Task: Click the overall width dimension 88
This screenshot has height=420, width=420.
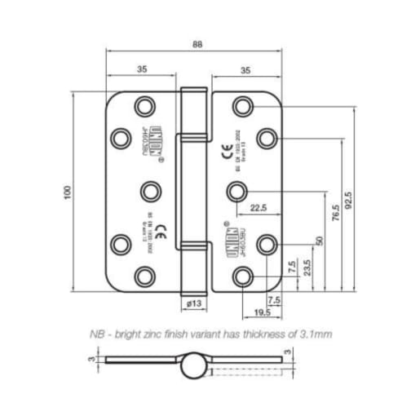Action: pyautogui.click(x=197, y=45)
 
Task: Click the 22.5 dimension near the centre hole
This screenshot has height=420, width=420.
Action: pyautogui.click(x=259, y=207)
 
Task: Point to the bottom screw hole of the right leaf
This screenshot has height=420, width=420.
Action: pyautogui.click(x=241, y=277)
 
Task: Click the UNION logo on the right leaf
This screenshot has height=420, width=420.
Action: pyautogui.click(x=227, y=230)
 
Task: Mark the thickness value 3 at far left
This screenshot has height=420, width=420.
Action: pyautogui.click(x=92, y=359)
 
